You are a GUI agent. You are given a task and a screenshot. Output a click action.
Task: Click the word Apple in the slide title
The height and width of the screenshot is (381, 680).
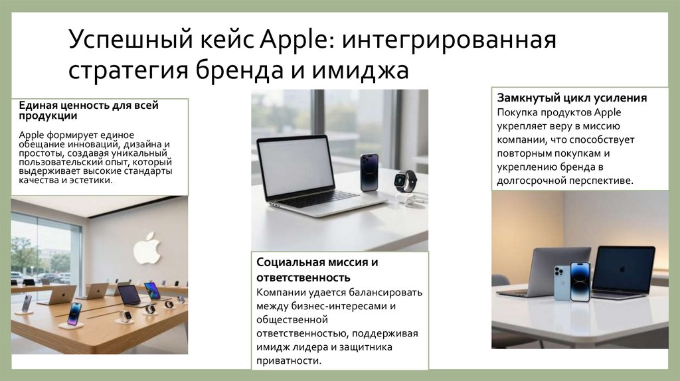coord(296,42)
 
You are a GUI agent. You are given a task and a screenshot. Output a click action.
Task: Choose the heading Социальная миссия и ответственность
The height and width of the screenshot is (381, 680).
coord(317,269)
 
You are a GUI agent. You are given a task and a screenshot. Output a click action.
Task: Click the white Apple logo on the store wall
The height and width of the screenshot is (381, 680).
coord(147,248)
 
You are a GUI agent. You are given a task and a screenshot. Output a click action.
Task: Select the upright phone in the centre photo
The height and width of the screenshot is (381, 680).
coord(369,172)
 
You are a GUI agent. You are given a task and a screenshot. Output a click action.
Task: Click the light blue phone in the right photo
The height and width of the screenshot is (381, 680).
coord(562,282)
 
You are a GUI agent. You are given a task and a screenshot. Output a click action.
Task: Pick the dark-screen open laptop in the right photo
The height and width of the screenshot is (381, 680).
coord(623,269)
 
